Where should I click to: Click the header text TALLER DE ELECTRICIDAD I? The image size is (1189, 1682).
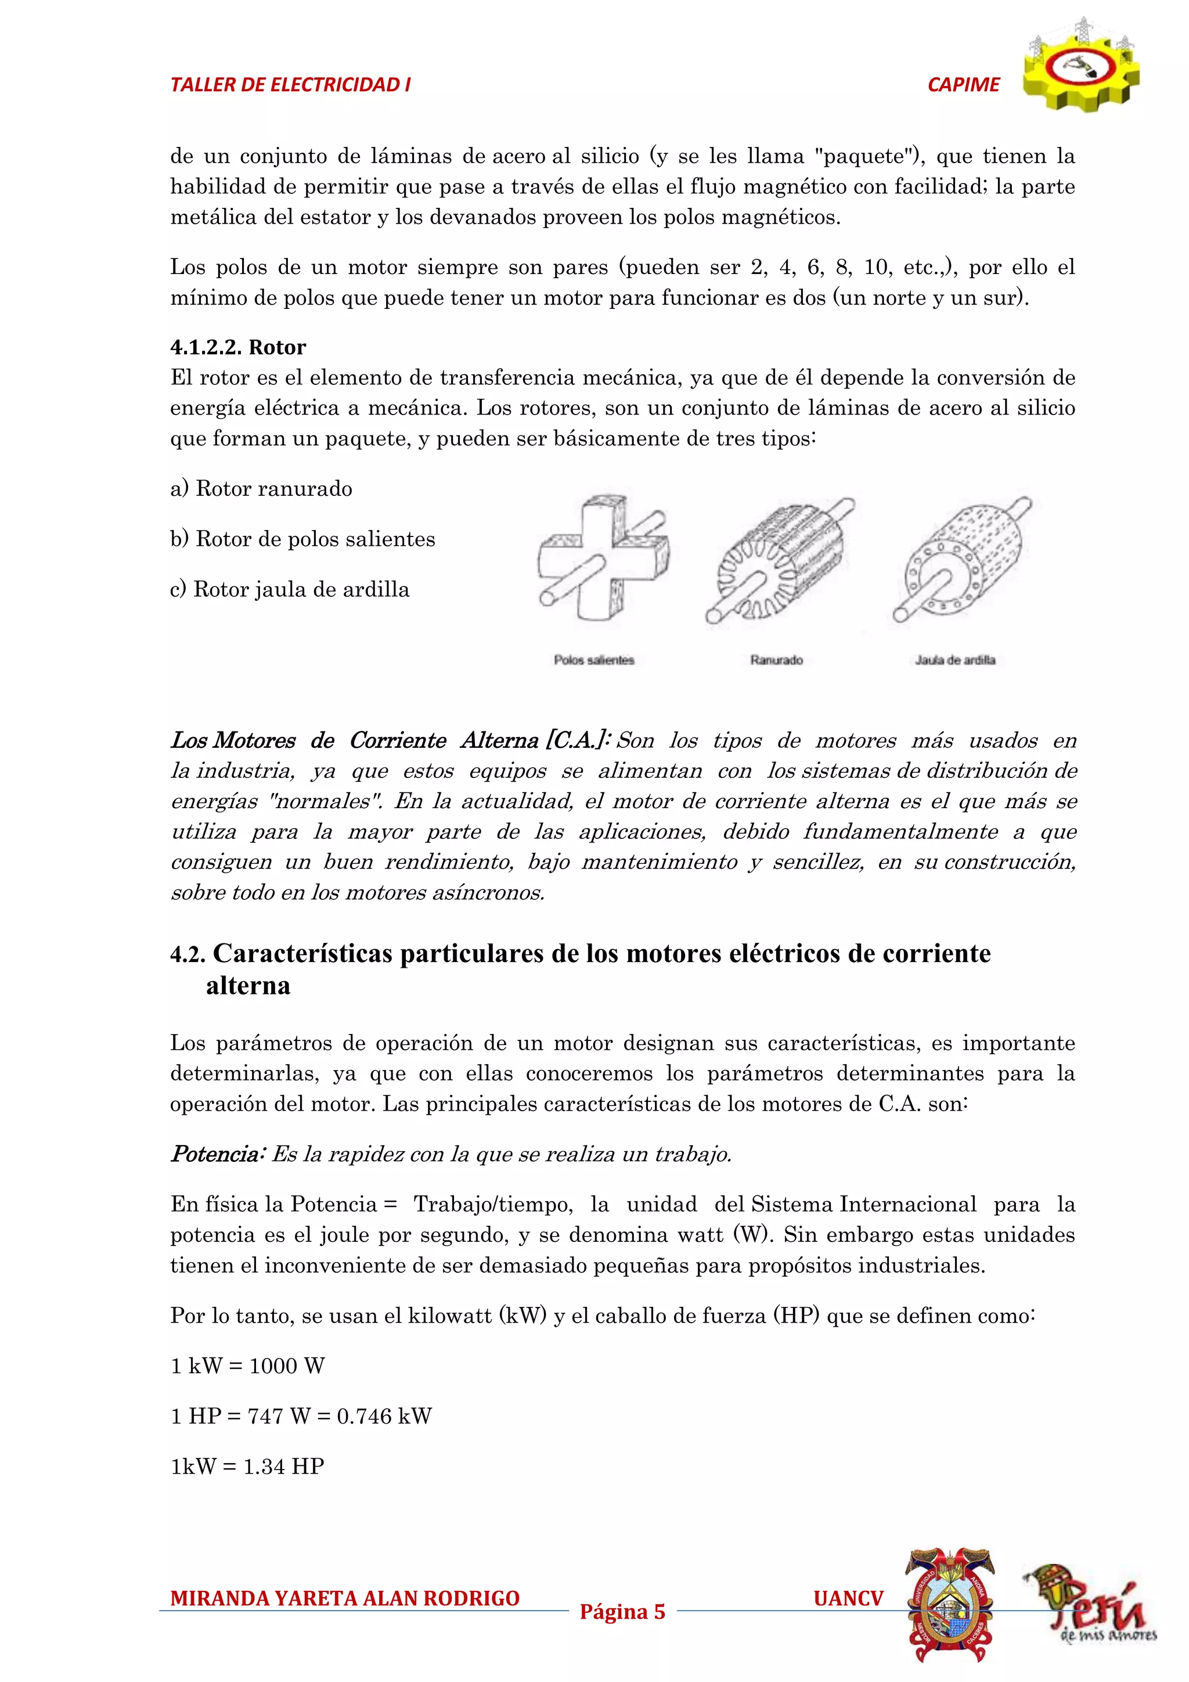(x=290, y=85)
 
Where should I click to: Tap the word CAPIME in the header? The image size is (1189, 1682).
(x=963, y=85)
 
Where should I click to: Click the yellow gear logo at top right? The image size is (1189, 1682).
(x=1082, y=67)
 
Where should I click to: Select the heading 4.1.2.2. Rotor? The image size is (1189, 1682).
(x=238, y=347)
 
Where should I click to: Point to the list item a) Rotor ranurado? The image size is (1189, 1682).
(x=261, y=489)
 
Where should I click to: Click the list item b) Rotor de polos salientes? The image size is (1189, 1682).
(x=302, y=539)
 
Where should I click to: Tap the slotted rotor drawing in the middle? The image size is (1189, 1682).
(x=778, y=560)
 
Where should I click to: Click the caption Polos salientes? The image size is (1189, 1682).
(x=593, y=660)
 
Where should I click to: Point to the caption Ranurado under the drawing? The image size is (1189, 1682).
(x=777, y=660)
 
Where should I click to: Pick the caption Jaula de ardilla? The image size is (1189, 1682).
(x=954, y=660)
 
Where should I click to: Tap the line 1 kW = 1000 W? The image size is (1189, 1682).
(x=248, y=1366)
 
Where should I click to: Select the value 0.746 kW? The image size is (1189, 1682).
(x=384, y=1416)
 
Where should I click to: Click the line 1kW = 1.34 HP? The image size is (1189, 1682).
(x=248, y=1466)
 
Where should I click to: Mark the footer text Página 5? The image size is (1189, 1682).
(x=622, y=1612)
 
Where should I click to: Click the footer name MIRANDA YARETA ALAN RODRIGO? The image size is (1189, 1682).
(x=345, y=1598)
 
